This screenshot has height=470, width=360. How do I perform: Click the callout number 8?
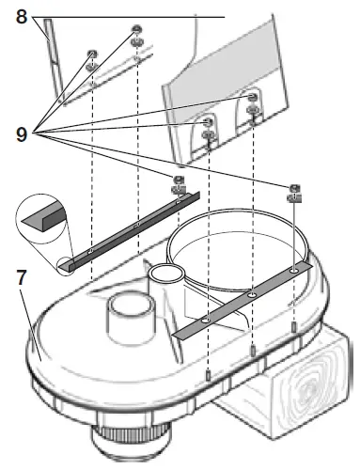point(21,17)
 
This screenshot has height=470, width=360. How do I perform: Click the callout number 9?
point(21,134)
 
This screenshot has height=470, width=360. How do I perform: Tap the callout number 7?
point(20,279)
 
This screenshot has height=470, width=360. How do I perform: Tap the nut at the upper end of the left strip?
point(176,181)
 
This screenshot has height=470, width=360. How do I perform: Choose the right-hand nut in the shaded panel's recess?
point(252,100)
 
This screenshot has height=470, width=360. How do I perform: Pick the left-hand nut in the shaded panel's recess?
point(207,124)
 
